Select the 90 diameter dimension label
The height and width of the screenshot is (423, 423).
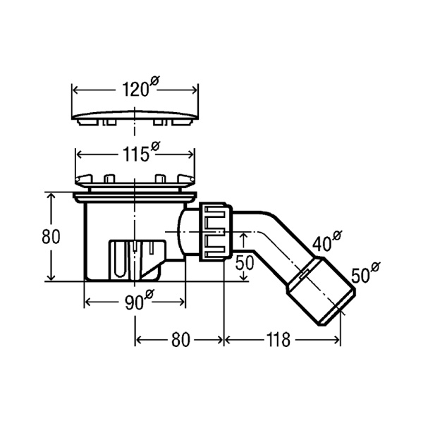click(139, 300)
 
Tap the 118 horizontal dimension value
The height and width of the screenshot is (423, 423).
click(278, 340)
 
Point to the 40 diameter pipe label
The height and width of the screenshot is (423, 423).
click(327, 241)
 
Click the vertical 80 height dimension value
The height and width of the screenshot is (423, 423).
click(51, 237)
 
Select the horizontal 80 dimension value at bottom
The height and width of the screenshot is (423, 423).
click(180, 340)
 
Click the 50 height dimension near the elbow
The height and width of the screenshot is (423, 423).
click(245, 263)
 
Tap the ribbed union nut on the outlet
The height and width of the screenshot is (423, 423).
click(216, 232)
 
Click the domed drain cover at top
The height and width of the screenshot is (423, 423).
click(135, 117)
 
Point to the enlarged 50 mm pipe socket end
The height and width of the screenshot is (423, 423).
click(321, 291)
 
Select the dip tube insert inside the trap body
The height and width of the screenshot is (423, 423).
click(137, 259)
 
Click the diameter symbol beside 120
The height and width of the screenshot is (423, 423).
click(154, 80)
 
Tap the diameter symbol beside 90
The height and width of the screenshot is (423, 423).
click(149, 293)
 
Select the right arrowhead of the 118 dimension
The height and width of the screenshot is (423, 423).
click(337, 340)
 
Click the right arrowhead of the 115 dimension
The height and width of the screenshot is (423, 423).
click(191, 155)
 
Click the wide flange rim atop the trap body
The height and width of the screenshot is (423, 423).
click(135, 197)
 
